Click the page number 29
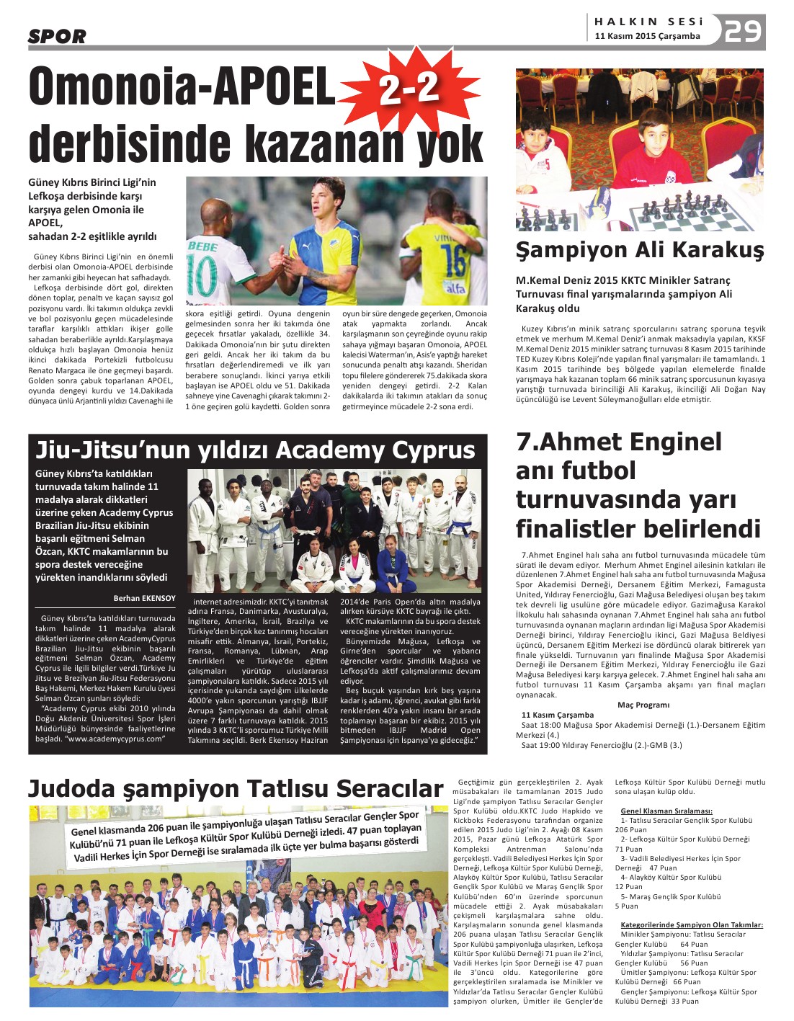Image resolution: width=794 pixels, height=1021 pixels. tap(743, 32)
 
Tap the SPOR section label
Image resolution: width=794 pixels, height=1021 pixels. tap(57, 36)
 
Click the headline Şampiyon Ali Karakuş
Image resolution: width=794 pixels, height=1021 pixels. tap(639, 250)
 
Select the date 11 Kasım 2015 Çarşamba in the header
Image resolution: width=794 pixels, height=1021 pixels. tap(647, 36)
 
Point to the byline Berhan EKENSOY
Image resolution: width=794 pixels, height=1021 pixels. tap(144, 598)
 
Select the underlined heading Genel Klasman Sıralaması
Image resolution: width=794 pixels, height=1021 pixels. tap(666, 811)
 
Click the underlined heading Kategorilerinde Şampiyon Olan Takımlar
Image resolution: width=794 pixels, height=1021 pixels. tap(691, 924)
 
